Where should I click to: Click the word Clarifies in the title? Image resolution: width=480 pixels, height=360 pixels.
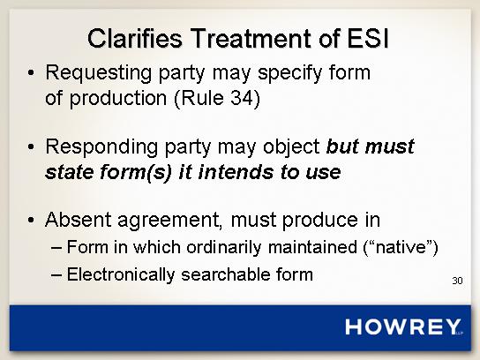(x=135, y=38)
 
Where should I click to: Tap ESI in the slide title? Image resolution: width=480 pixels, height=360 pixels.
(x=368, y=38)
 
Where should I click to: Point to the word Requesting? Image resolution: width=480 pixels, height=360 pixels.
(x=98, y=73)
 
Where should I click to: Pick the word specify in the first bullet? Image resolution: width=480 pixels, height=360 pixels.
(x=290, y=73)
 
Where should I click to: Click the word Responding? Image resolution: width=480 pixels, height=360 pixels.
(x=101, y=147)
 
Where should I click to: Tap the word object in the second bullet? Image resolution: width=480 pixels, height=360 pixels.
(x=291, y=147)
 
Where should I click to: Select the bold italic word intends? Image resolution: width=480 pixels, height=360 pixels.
(x=236, y=172)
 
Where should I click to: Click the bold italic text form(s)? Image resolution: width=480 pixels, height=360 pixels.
(x=136, y=173)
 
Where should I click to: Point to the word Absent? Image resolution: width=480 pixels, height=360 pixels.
(x=78, y=220)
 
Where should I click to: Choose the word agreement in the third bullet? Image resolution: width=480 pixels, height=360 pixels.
(x=170, y=221)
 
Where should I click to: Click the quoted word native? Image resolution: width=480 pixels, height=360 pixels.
(x=401, y=247)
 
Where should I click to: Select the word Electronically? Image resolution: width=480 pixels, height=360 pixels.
(x=121, y=274)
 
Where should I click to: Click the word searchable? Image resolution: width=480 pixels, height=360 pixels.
(x=226, y=274)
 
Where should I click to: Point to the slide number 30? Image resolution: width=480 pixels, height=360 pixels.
(x=457, y=281)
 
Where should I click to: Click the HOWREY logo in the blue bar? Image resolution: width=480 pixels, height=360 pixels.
(x=403, y=326)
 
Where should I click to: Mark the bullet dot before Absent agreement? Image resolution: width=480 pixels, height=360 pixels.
(x=31, y=220)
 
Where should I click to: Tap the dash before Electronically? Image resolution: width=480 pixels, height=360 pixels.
(x=56, y=275)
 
